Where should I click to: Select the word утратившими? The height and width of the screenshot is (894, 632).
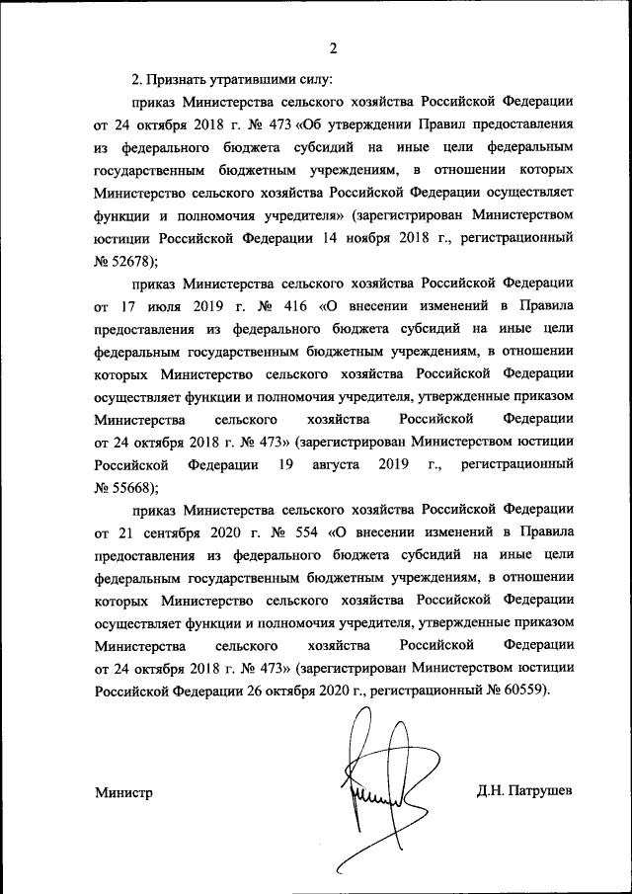tap(258, 78)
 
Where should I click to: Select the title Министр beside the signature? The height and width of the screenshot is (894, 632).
tap(124, 792)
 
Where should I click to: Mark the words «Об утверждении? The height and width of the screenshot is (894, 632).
tap(336, 123)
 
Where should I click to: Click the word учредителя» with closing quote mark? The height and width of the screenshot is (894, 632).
tap(296, 214)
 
